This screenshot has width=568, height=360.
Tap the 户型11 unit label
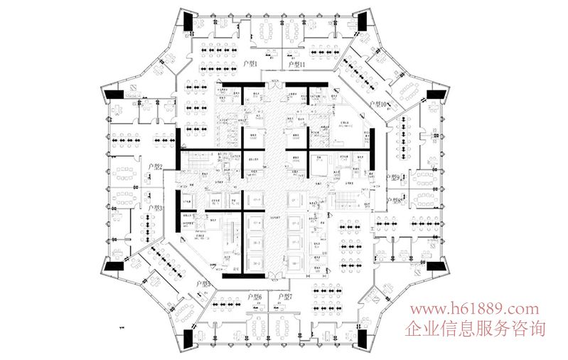point(296,65)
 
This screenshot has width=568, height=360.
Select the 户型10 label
point(379,105)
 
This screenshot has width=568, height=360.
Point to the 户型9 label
point(393,176)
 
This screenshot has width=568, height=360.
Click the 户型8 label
point(393,201)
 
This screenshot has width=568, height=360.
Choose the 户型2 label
point(156,167)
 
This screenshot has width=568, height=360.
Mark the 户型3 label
point(156,208)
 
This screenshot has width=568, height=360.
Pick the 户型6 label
point(254,297)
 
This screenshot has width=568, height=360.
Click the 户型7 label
point(285,297)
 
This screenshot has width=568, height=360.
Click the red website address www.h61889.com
point(471,309)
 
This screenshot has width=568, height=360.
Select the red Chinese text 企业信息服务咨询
point(475,329)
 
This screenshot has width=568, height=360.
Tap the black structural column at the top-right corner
point(362,22)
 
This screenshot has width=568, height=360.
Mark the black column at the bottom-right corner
point(361,340)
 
